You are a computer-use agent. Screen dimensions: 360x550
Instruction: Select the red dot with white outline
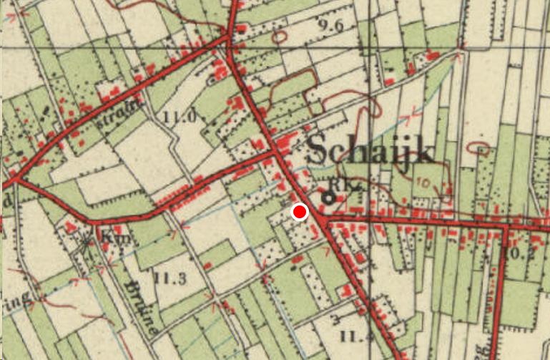point(300,212)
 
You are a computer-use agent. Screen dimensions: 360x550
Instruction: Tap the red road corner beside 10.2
point(506,227)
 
